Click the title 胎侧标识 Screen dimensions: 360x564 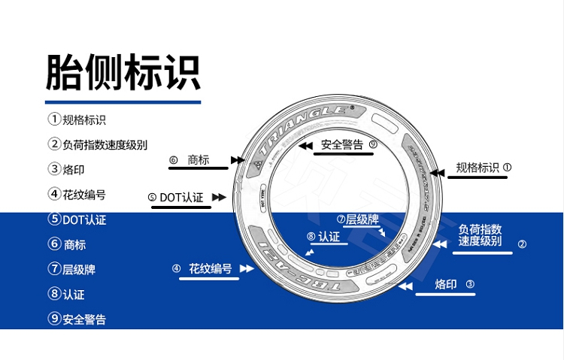tap(123, 72)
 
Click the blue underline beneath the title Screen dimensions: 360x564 tap(123, 101)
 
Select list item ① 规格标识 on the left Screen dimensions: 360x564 tap(77, 119)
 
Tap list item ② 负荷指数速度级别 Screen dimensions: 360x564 tap(98, 145)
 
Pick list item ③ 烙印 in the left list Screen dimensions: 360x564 tap(67, 170)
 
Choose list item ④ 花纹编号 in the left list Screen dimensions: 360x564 tap(77, 195)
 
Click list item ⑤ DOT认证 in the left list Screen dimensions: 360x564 tap(77, 219)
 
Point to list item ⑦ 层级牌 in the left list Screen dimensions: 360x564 tap(72, 269)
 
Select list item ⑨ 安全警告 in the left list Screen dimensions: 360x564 tap(77, 319)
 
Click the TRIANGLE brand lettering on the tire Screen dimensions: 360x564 tap(305, 123)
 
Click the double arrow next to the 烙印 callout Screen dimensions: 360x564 tap(405, 286)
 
